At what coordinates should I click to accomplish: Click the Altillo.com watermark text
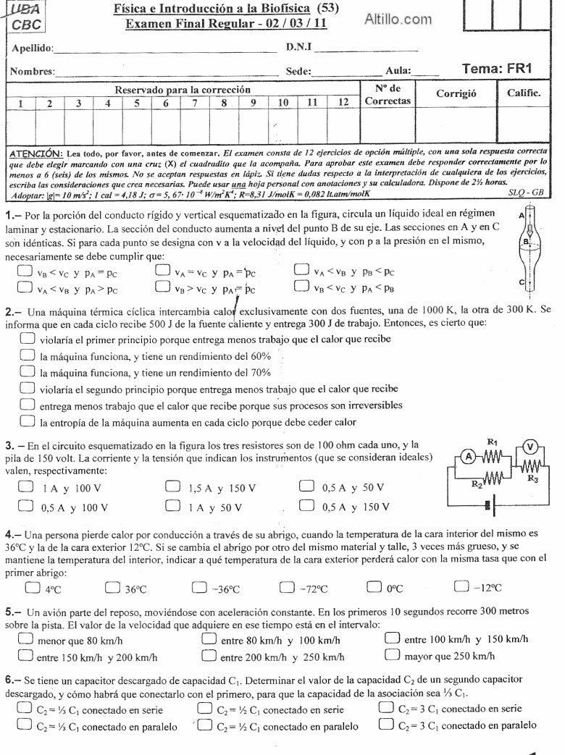pyautogui.click(x=398, y=20)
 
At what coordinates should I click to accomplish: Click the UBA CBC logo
pyautogui.click(x=26, y=16)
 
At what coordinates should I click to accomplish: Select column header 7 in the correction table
pyautogui.click(x=195, y=103)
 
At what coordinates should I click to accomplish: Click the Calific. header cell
pyautogui.click(x=523, y=93)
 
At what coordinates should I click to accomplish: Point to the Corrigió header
pyautogui.click(x=456, y=94)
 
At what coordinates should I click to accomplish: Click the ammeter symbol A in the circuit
pyautogui.click(x=469, y=456)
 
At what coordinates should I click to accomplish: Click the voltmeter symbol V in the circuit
pyautogui.click(x=530, y=447)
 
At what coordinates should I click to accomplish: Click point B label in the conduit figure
pyautogui.click(x=527, y=242)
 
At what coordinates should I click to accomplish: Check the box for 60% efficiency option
pyautogui.click(x=28, y=355)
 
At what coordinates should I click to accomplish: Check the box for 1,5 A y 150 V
pyautogui.click(x=172, y=487)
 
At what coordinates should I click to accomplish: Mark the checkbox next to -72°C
pyautogui.click(x=288, y=587)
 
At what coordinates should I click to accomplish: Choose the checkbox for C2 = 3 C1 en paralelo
pyautogui.click(x=386, y=724)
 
